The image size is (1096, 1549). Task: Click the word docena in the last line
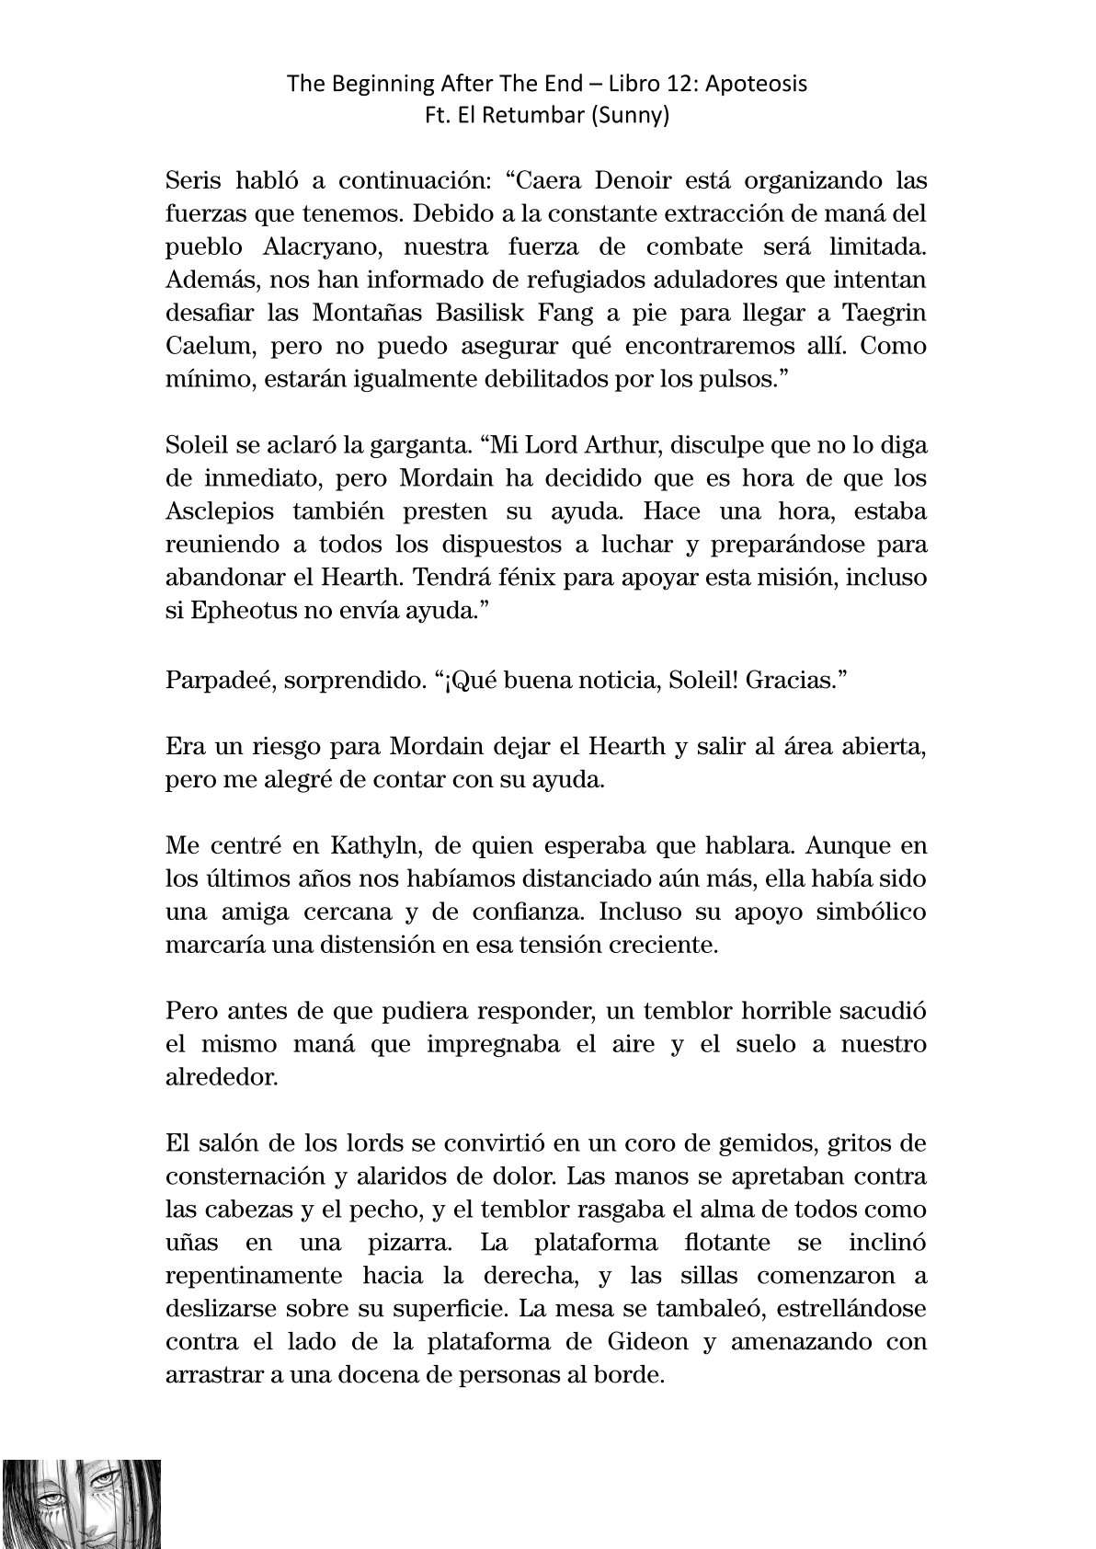(x=403, y=1374)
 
